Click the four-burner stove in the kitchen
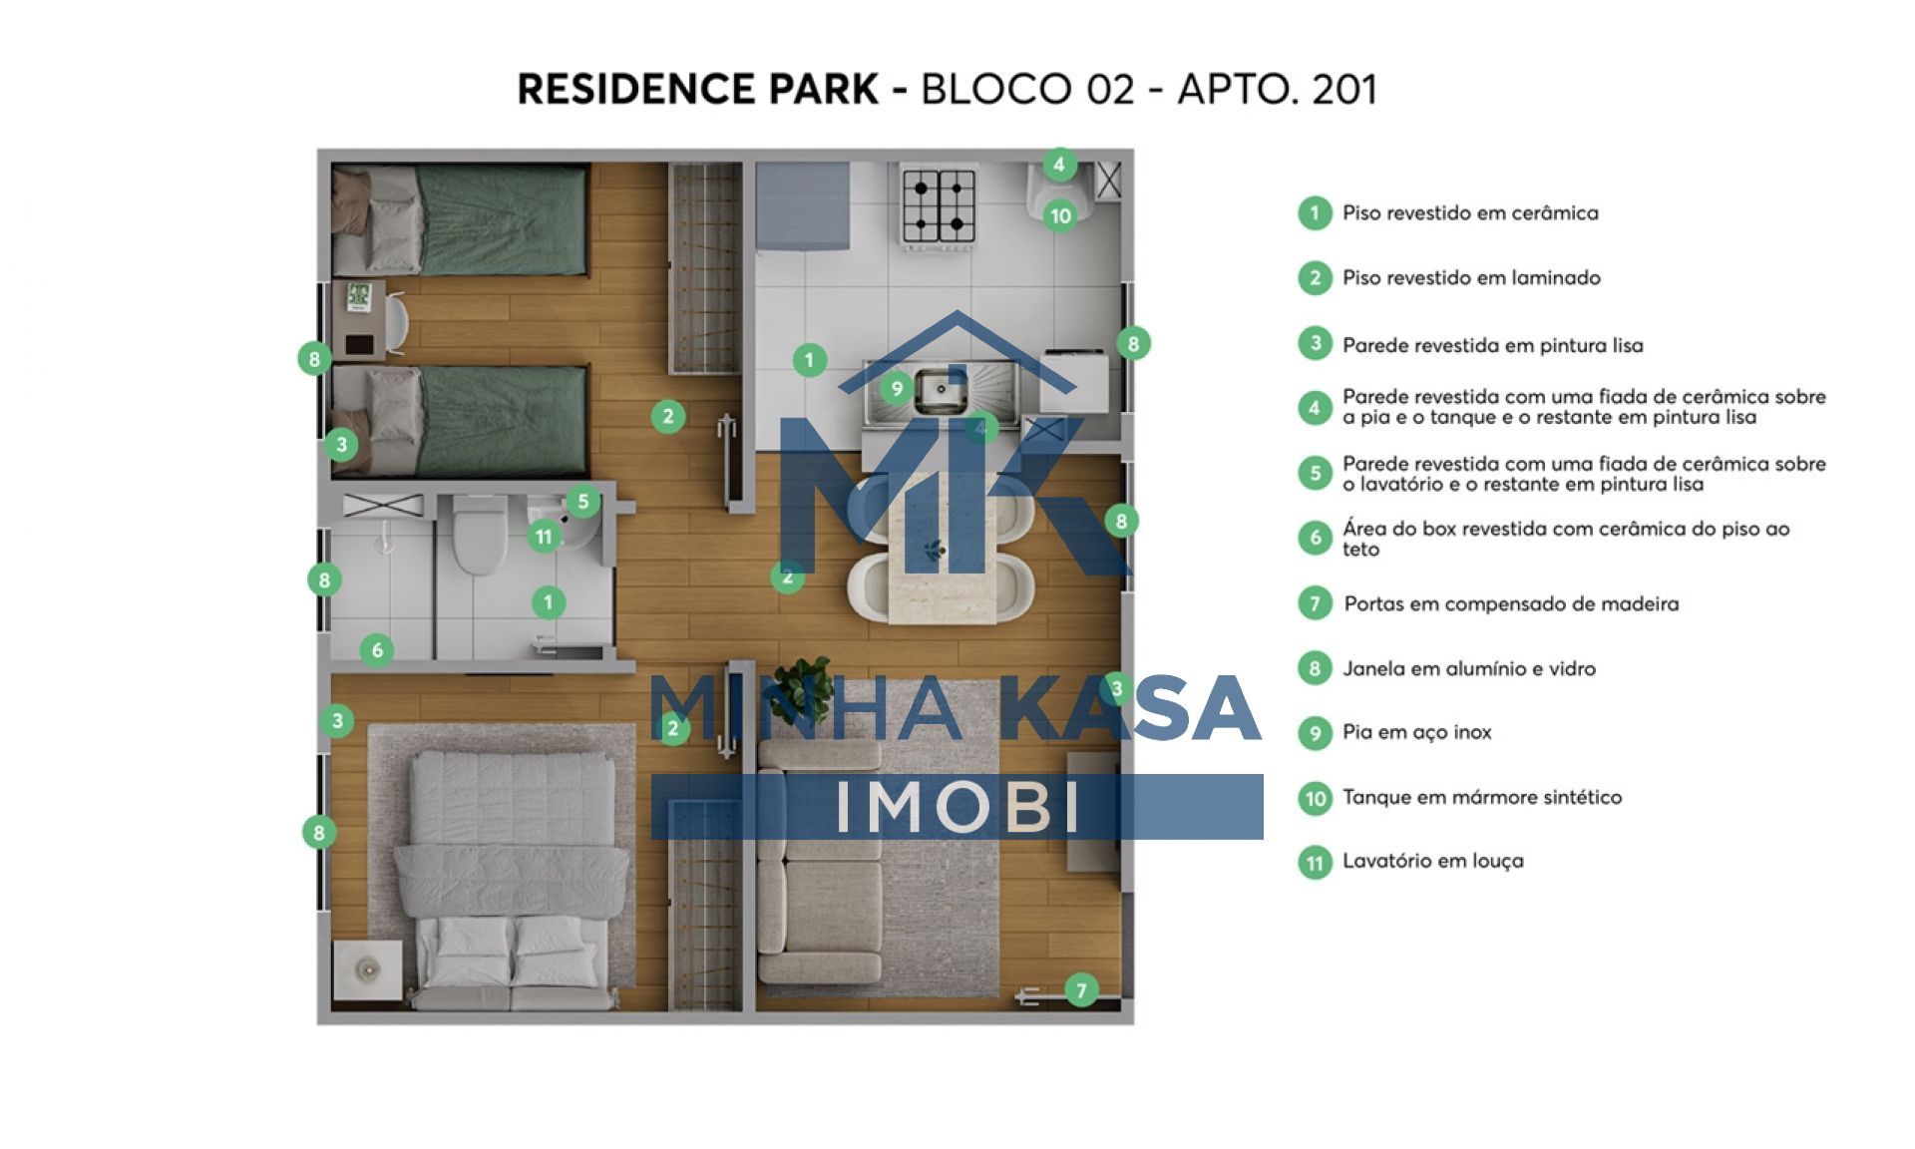939,205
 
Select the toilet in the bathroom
480,535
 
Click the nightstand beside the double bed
368,968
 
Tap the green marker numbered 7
1081,990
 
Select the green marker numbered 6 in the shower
377,650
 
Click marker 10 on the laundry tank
1060,214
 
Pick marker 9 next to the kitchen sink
897,388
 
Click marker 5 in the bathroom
583,501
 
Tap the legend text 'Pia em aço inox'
1416,732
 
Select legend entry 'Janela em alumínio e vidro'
1468,668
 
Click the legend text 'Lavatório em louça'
1432,861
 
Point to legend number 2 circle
1315,278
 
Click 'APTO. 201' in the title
1277,89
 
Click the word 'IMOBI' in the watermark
957,806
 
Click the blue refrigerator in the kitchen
803,206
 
